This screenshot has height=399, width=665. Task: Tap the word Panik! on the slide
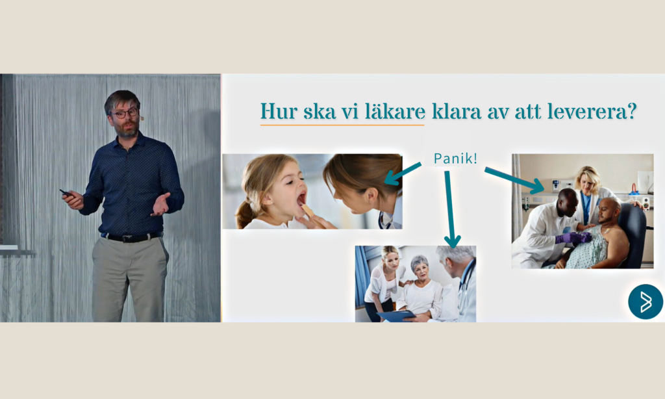click(455, 159)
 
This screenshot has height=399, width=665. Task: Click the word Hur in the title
click(278, 111)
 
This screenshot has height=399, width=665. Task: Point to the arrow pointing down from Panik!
click(450, 209)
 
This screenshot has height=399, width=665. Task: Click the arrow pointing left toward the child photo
click(403, 174)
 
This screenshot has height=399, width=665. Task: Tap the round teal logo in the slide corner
click(646, 302)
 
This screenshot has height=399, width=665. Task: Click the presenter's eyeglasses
click(125, 113)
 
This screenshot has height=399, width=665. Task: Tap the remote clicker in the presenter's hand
click(66, 194)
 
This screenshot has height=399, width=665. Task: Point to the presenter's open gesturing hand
click(161, 204)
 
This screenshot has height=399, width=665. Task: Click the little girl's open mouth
click(301, 199)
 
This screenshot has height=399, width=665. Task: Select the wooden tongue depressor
click(307, 211)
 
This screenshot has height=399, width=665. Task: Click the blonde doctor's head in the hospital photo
click(587, 178)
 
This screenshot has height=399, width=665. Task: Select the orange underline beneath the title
click(342, 125)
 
